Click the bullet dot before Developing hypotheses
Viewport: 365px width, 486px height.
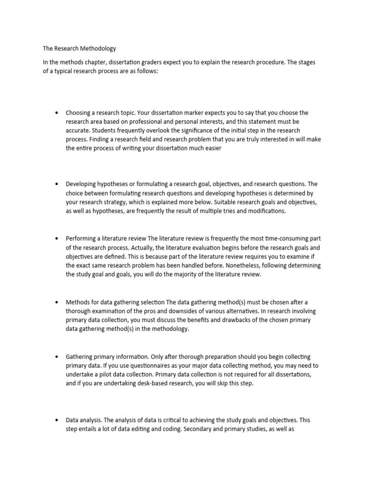(57, 184)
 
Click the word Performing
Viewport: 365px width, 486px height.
(81, 238)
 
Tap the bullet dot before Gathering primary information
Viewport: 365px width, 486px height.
(57, 356)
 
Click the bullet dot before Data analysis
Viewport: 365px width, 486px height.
(57, 420)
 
